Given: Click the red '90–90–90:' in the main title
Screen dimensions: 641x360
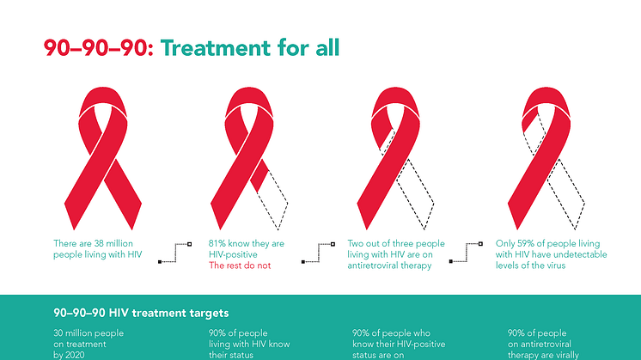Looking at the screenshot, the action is (99, 47).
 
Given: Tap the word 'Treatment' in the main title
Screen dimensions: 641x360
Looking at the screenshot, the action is (216, 47).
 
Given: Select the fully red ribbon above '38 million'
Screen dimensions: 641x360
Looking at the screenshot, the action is (103, 158).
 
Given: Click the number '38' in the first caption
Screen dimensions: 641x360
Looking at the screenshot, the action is (99, 243).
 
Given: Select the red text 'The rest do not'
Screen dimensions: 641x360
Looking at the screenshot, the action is (240, 265).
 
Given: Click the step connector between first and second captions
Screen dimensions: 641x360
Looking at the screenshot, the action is (175, 253).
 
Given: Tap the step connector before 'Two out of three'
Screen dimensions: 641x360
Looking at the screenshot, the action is (319, 253).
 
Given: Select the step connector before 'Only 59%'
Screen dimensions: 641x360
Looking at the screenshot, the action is (466, 253).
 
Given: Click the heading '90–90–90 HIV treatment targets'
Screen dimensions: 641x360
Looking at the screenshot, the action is (141, 314).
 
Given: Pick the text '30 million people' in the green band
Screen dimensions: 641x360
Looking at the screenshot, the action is (89, 333).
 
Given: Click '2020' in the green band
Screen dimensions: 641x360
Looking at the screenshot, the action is (74, 355).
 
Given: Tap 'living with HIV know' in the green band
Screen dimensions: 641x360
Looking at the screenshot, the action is (249, 345).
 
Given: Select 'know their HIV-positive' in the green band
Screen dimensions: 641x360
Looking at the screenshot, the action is (399, 345).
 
